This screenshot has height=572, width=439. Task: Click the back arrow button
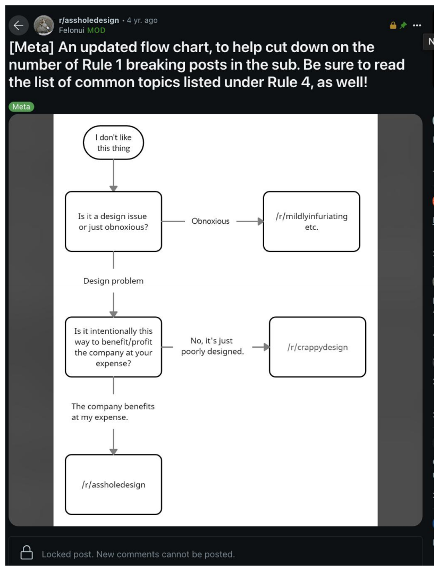tap(18, 26)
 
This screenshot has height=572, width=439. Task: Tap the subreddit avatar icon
tap(44, 26)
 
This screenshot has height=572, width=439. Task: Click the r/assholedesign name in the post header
tap(89, 20)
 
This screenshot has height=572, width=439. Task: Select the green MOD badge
tap(96, 30)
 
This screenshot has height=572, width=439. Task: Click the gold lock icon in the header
tap(393, 25)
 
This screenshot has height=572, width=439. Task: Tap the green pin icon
tap(403, 25)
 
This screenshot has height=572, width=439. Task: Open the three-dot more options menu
tap(417, 25)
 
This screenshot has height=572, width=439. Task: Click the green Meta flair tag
tap(21, 106)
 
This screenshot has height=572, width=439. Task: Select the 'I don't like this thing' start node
tap(113, 142)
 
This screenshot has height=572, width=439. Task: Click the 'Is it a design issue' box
tap(113, 222)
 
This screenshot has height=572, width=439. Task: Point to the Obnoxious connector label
tap(210, 221)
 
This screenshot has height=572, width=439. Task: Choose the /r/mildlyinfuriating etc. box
tap(311, 222)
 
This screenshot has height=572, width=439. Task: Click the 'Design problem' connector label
tap(113, 281)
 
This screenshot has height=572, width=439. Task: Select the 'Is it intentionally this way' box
tap(113, 347)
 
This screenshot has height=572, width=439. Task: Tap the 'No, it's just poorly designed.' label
tap(212, 346)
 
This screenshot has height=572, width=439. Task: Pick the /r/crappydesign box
tap(318, 347)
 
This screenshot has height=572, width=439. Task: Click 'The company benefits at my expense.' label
tap(113, 411)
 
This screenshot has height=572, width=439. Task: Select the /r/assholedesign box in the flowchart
tap(113, 484)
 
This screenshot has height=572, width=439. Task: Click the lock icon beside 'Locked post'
tap(27, 552)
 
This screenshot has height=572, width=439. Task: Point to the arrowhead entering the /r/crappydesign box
tap(267, 347)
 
